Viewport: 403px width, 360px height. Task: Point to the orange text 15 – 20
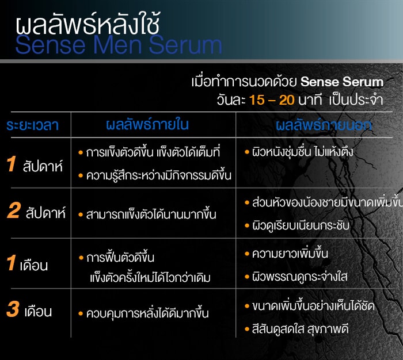pos(272,99)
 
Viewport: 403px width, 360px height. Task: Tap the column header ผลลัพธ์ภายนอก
pos(324,125)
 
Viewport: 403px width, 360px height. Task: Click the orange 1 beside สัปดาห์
pos(11,165)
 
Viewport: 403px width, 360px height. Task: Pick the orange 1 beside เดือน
pos(11,264)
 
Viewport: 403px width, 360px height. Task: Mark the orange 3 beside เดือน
pos(13,310)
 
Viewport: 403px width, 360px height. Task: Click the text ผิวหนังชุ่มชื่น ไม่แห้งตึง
pos(302,153)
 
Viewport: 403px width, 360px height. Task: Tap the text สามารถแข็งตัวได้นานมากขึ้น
pos(151,215)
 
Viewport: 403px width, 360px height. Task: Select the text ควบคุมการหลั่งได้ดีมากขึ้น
pos(147,314)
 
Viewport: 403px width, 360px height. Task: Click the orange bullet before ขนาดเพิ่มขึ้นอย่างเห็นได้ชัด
pos(246,306)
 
